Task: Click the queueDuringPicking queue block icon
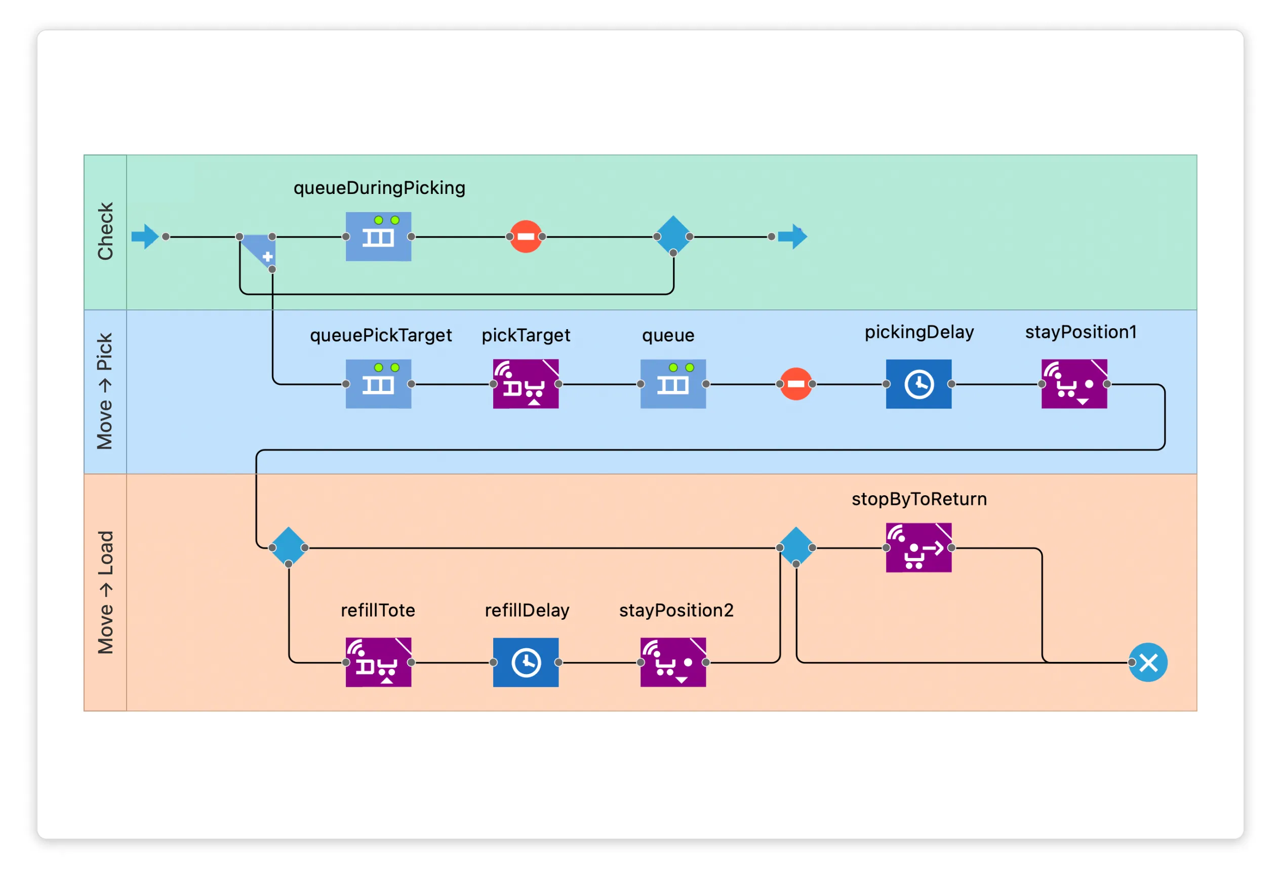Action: [x=378, y=236]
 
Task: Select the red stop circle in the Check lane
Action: [x=525, y=236]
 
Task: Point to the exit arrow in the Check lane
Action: [x=792, y=236]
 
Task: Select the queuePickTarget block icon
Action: [x=378, y=384]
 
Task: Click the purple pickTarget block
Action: [x=525, y=384]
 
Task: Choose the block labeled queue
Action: [x=673, y=384]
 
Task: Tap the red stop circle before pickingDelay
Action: [x=795, y=384]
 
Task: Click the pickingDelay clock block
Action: [x=918, y=384]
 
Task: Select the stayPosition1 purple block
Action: [x=1074, y=384]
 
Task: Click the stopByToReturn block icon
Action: [x=918, y=547]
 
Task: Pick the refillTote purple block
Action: [x=378, y=662]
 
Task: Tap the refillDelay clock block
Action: [x=525, y=662]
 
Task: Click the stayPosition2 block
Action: [x=673, y=662]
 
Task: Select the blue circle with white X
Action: [x=1148, y=662]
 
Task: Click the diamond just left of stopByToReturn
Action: [x=795, y=546]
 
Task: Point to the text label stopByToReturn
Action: [x=919, y=499]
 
